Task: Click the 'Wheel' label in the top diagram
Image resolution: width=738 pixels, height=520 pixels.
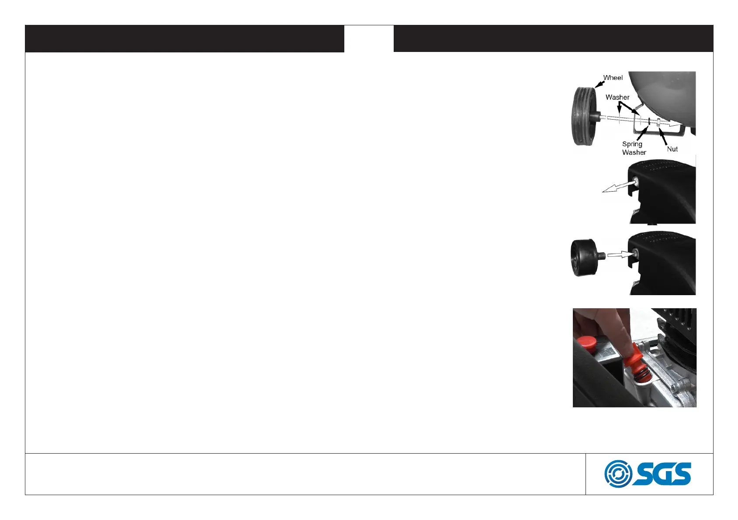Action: coord(613,78)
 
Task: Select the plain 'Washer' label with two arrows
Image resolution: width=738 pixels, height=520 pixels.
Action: coord(617,97)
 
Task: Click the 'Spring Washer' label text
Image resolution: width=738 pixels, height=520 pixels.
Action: coord(633,148)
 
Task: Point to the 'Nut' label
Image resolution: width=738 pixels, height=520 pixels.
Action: coord(672,149)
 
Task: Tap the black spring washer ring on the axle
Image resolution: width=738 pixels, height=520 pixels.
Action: coord(650,123)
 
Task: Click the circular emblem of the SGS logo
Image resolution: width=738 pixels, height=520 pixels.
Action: coord(618,474)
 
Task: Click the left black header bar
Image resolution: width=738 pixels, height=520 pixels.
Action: coord(184,38)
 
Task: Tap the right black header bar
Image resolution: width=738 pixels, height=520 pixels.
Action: coord(553,38)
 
